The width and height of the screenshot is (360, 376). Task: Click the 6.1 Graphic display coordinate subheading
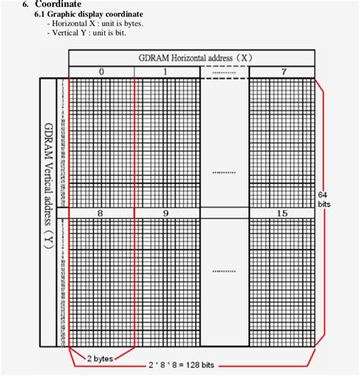(x=89, y=14)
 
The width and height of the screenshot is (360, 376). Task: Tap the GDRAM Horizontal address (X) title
(x=191, y=58)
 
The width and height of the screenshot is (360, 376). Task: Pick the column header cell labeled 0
(x=101, y=71)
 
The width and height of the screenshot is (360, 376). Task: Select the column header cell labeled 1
(x=166, y=71)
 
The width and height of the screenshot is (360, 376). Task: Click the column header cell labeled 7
(x=282, y=71)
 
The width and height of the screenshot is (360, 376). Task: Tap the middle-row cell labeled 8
(x=101, y=213)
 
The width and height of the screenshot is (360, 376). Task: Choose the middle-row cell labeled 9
(x=166, y=213)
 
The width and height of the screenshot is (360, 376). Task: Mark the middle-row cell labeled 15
(x=282, y=213)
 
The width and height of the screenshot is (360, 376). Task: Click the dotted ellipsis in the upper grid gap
(x=224, y=172)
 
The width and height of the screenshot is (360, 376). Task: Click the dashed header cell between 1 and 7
(x=224, y=71)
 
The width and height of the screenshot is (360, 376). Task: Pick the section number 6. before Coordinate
(x=27, y=5)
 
